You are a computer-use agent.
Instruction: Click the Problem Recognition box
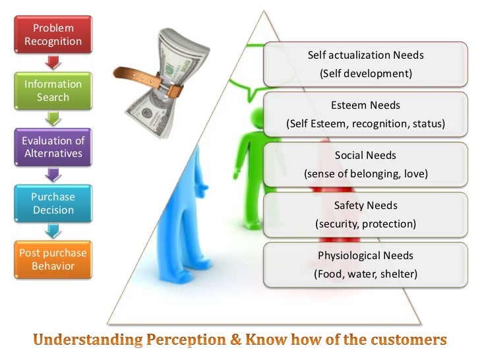(53, 35)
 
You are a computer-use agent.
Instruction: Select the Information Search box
(53, 91)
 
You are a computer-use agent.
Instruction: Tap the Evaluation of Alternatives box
(53, 147)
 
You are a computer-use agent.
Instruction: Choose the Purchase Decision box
(53, 203)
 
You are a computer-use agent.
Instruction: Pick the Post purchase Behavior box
(53, 260)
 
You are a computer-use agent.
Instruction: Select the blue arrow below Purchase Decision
(53, 231)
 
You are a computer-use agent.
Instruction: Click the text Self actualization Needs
(365, 55)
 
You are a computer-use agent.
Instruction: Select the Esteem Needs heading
(365, 105)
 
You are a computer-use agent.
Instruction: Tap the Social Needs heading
(365, 156)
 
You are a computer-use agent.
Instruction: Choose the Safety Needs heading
(365, 206)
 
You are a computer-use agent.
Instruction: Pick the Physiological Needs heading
(365, 256)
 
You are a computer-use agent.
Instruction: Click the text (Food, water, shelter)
(365, 274)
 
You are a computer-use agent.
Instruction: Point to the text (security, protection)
(365, 224)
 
